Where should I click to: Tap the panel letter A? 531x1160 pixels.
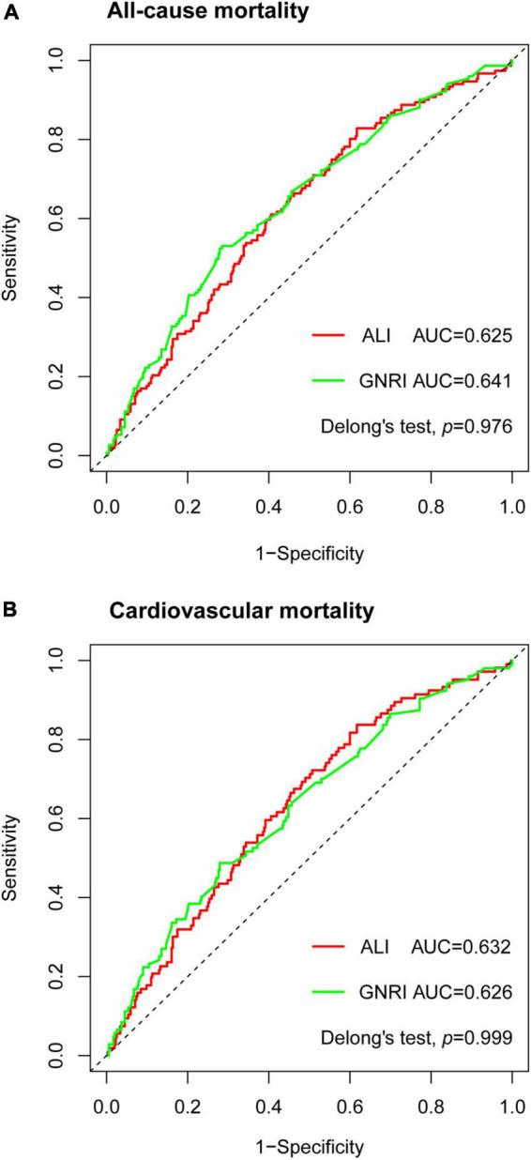[8, 11]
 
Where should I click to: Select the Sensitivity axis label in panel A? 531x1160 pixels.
[11, 259]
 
